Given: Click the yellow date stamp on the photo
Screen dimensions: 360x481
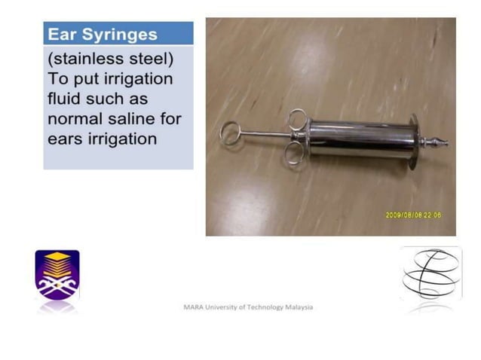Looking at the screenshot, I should tap(414, 215).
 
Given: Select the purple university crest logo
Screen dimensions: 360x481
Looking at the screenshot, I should tap(57, 276).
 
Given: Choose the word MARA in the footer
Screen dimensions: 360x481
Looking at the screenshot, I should tap(192, 307).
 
